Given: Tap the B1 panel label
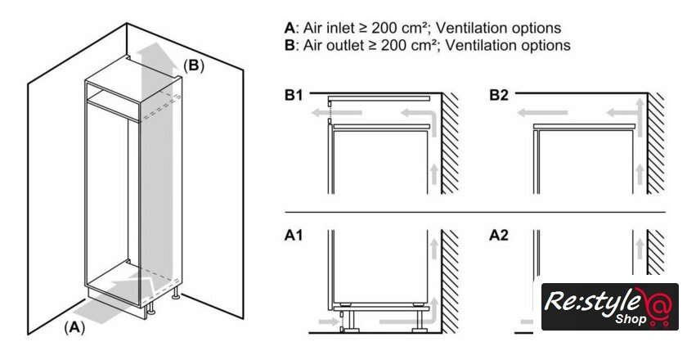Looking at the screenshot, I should pyautogui.click(x=294, y=96).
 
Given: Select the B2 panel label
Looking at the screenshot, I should pyautogui.click(x=499, y=96).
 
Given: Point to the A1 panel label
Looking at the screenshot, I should pyautogui.click(x=294, y=236).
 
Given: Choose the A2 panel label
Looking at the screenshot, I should pyautogui.click(x=499, y=236).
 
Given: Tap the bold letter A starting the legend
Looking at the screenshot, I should pyautogui.click(x=289, y=28).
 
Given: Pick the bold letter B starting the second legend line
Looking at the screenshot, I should pyautogui.click(x=289, y=45).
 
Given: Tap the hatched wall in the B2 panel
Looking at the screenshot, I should pyautogui.click(x=656, y=143).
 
